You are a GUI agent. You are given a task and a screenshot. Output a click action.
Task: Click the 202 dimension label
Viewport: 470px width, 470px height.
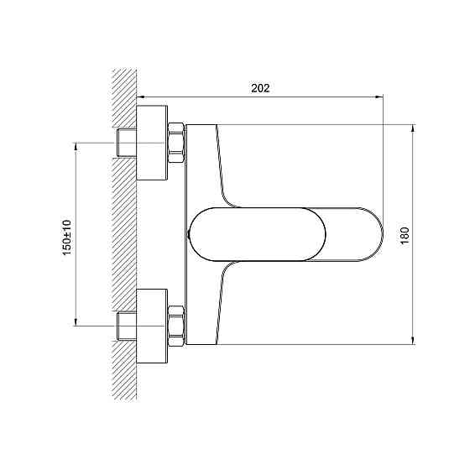260,88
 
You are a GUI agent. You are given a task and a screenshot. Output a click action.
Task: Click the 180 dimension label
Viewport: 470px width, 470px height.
405,236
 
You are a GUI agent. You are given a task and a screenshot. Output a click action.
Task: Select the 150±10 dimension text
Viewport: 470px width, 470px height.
67,238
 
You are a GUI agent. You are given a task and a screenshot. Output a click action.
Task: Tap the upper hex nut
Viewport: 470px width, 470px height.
176,143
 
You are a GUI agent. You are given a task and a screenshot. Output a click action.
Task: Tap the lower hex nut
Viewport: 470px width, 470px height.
176,326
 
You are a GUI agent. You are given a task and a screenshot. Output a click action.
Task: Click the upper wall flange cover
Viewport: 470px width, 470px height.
152,143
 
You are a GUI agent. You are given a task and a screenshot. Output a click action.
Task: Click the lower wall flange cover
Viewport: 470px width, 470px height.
152,326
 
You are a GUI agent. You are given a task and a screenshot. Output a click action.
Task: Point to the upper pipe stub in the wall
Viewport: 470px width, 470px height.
127,143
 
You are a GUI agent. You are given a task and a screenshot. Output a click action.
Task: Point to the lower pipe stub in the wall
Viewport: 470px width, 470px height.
127,326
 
